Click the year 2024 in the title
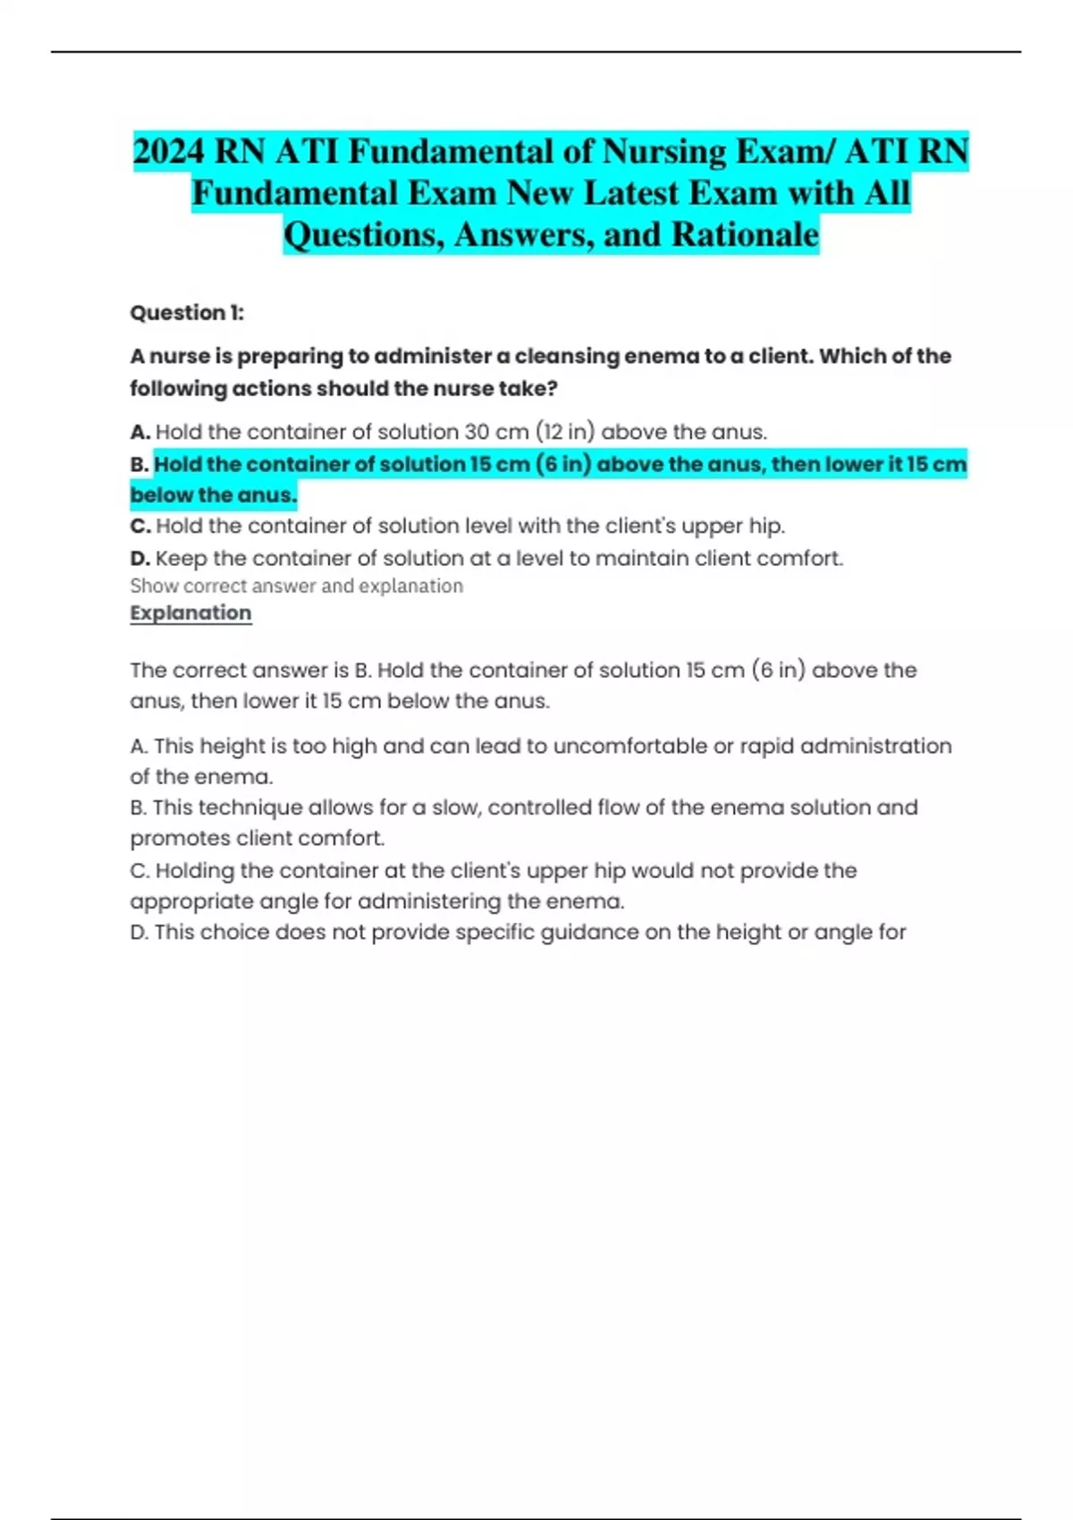pos(169,151)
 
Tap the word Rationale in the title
pos(745,234)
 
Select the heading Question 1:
pos(187,313)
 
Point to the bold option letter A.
pos(139,432)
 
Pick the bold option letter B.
pos(139,465)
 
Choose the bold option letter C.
pos(139,526)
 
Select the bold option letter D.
pos(139,559)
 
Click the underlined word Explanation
pos(190,613)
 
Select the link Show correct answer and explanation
pos(296,586)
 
